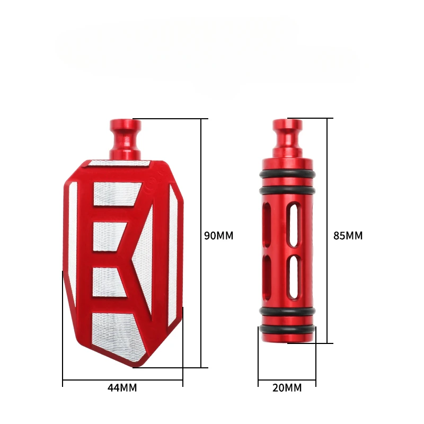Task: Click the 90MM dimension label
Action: tap(218, 235)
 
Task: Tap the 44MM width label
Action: tap(122, 388)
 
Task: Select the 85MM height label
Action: tap(348, 235)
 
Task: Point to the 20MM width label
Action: tap(287, 388)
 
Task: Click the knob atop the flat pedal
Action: tap(125, 139)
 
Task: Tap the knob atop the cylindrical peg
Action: tap(287, 138)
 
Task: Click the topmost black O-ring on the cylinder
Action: tap(287, 174)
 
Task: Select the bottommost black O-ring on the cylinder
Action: tap(287, 329)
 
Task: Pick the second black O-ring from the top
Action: tap(287, 190)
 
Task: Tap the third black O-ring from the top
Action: tap(287, 311)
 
